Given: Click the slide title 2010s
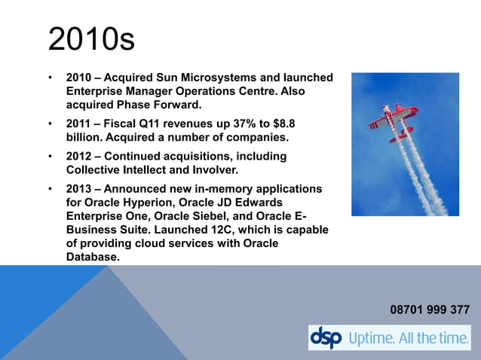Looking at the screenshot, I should coord(91,39).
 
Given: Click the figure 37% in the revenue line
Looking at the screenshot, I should coord(231,123).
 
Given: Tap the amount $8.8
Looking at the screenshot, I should coord(279,123).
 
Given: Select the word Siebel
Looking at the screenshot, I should coord(215,216).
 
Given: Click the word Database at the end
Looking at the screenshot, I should coord(92,257).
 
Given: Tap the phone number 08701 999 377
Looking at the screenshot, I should coord(430,310).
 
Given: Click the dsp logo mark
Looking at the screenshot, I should coord(326,338).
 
